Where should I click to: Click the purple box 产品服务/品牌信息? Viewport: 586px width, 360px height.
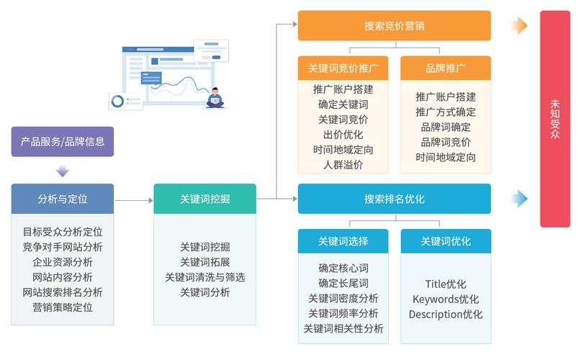(63, 142)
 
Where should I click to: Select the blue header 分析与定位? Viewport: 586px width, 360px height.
(63, 199)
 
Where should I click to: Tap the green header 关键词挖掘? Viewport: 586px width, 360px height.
(204, 199)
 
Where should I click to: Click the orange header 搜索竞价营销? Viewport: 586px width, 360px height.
(394, 26)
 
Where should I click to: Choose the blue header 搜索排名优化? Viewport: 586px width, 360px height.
(394, 199)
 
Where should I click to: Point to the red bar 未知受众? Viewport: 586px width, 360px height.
(554, 119)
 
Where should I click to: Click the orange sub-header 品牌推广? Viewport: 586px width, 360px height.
(445, 68)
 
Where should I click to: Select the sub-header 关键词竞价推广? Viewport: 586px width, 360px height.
(343, 68)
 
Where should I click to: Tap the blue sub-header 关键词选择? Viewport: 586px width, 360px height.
(343, 241)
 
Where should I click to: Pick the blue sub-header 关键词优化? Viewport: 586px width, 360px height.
(445, 241)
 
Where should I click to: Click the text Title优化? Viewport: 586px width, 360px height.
(445, 284)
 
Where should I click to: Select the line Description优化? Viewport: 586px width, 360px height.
(445, 314)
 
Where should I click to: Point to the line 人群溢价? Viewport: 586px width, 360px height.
(343, 165)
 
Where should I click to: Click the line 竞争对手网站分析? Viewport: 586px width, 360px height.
(63, 247)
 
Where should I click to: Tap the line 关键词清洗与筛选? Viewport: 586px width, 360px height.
(204, 277)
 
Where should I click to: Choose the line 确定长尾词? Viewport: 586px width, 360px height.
(343, 283)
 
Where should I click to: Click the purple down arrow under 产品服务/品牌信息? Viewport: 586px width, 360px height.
(63, 171)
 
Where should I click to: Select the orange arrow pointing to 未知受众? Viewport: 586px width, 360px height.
(519, 26)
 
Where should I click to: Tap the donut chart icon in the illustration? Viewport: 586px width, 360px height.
(117, 101)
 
